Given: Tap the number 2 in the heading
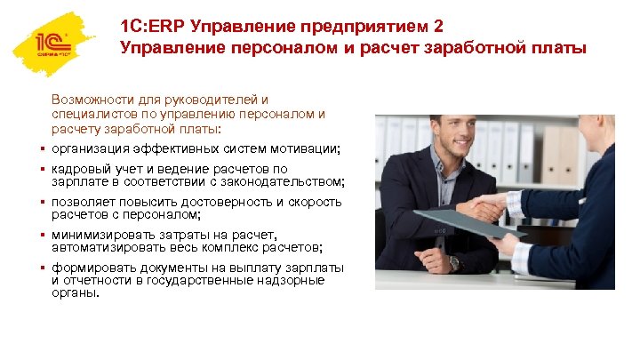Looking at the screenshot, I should point(436,26).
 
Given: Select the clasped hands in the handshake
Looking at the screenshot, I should point(485,209).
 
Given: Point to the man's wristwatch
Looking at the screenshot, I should point(454,263).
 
